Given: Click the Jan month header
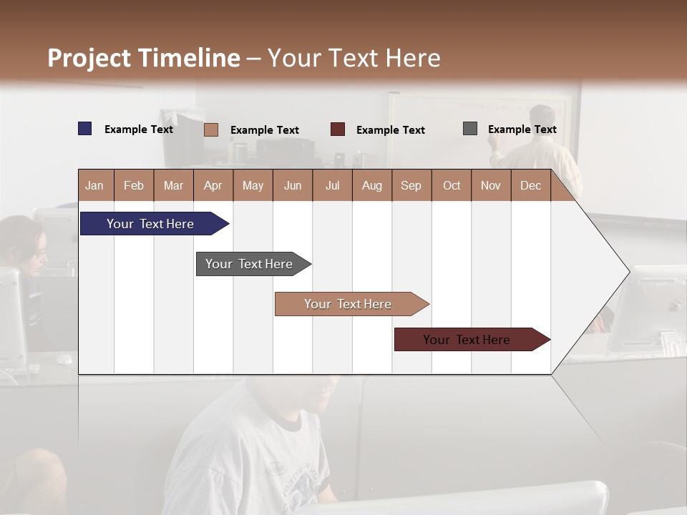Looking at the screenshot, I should click(94, 185).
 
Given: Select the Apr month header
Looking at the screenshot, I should click(213, 185).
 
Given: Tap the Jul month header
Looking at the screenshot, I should click(332, 185).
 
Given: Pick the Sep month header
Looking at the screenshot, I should click(411, 185).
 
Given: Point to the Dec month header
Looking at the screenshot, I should click(530, 185).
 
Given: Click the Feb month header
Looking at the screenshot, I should click(134, 185).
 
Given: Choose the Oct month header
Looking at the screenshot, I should click(452, 185).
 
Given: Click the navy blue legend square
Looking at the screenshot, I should click(84, 129).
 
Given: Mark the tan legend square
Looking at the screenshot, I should click(210, 129).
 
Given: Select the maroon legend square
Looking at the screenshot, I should click(337, 129).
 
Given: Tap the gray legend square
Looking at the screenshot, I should click(469, 129).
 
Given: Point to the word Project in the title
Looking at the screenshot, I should click(89, 58).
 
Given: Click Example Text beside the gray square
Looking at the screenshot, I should click(522, 129).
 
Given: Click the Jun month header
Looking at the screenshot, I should click(293, 185).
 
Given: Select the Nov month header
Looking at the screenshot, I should click(491, 185).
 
